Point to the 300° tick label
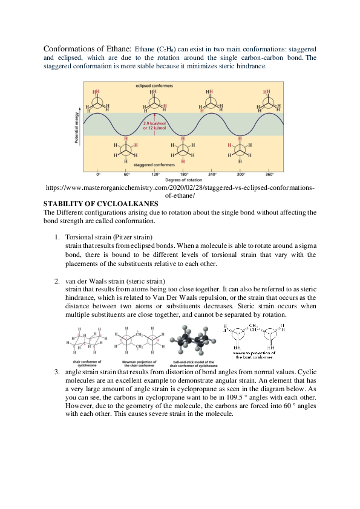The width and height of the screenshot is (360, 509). pos(241,174)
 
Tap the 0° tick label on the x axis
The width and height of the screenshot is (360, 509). pos(98,174)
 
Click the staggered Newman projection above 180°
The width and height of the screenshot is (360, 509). pos(184,149)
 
